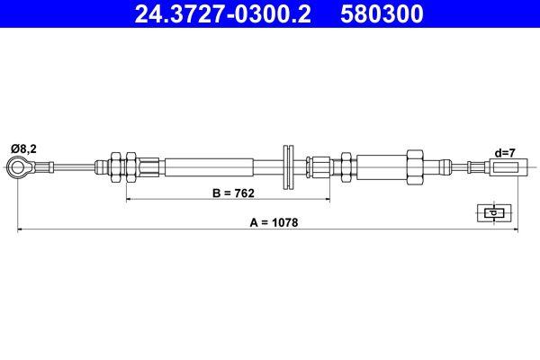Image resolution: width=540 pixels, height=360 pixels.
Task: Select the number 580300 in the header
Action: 382,14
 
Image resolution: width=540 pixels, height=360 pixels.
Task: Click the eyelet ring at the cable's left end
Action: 18,166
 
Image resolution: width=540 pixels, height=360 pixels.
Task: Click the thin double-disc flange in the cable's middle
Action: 289,166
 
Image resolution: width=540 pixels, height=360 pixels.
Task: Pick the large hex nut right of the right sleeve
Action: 415,166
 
